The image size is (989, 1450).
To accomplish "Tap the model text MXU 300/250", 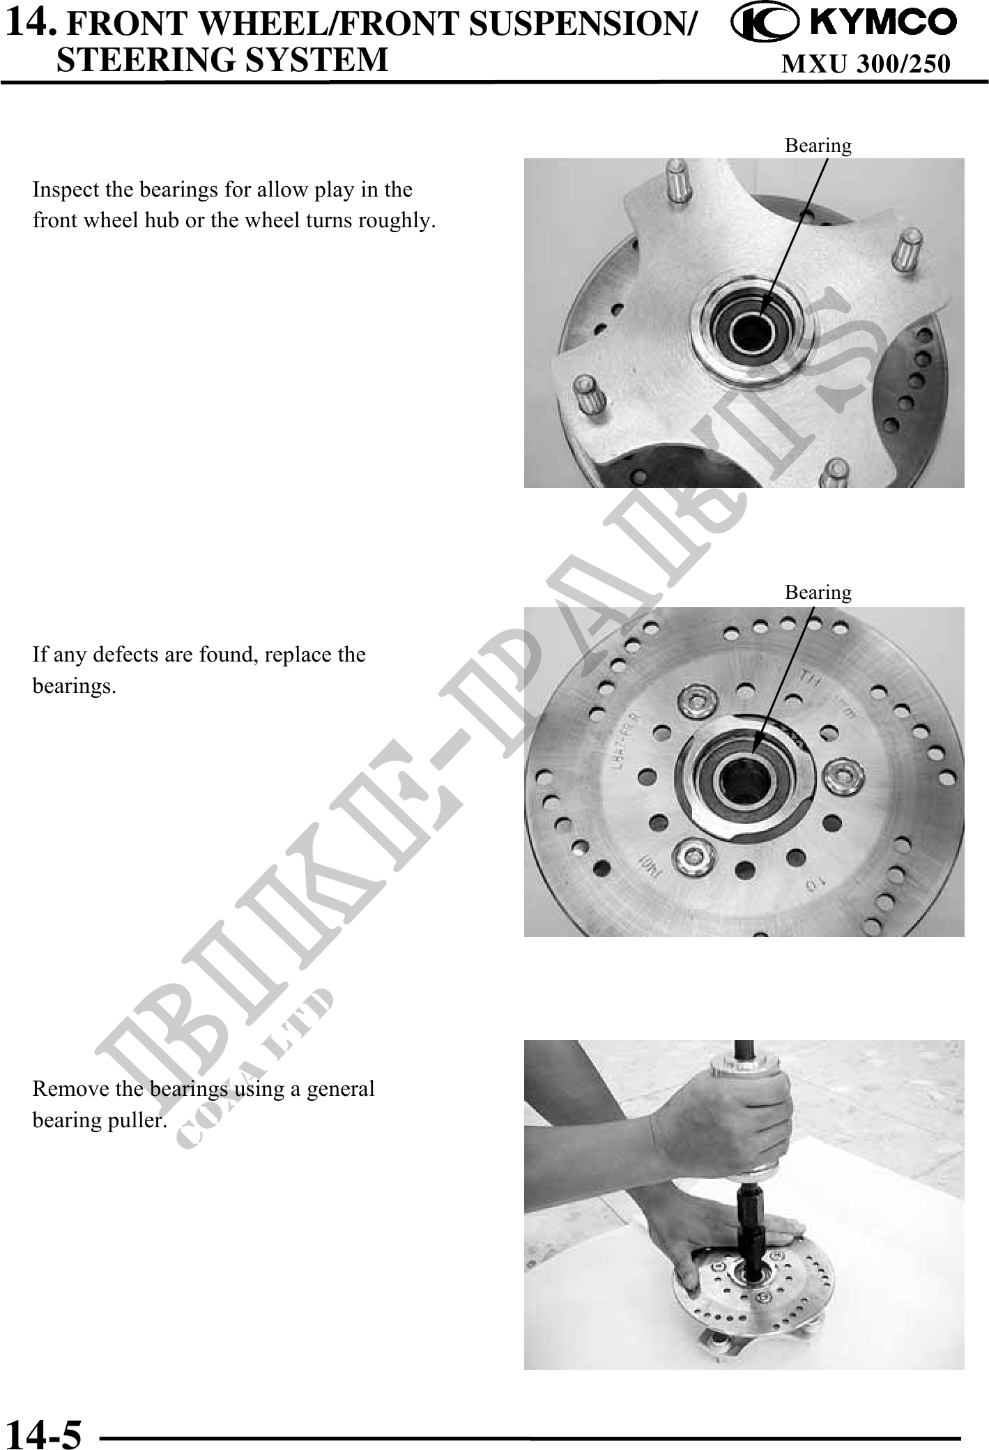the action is (x=866, y=63).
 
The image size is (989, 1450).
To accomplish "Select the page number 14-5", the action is (x=43, y=1430).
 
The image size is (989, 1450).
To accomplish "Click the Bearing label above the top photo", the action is (x=818, y=146).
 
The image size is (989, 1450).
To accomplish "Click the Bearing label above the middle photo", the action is (x=818, y=593).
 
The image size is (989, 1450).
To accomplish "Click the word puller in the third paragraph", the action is (x=132, y=1120).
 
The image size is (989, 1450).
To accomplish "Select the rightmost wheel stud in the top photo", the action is (x=906, y=249).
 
